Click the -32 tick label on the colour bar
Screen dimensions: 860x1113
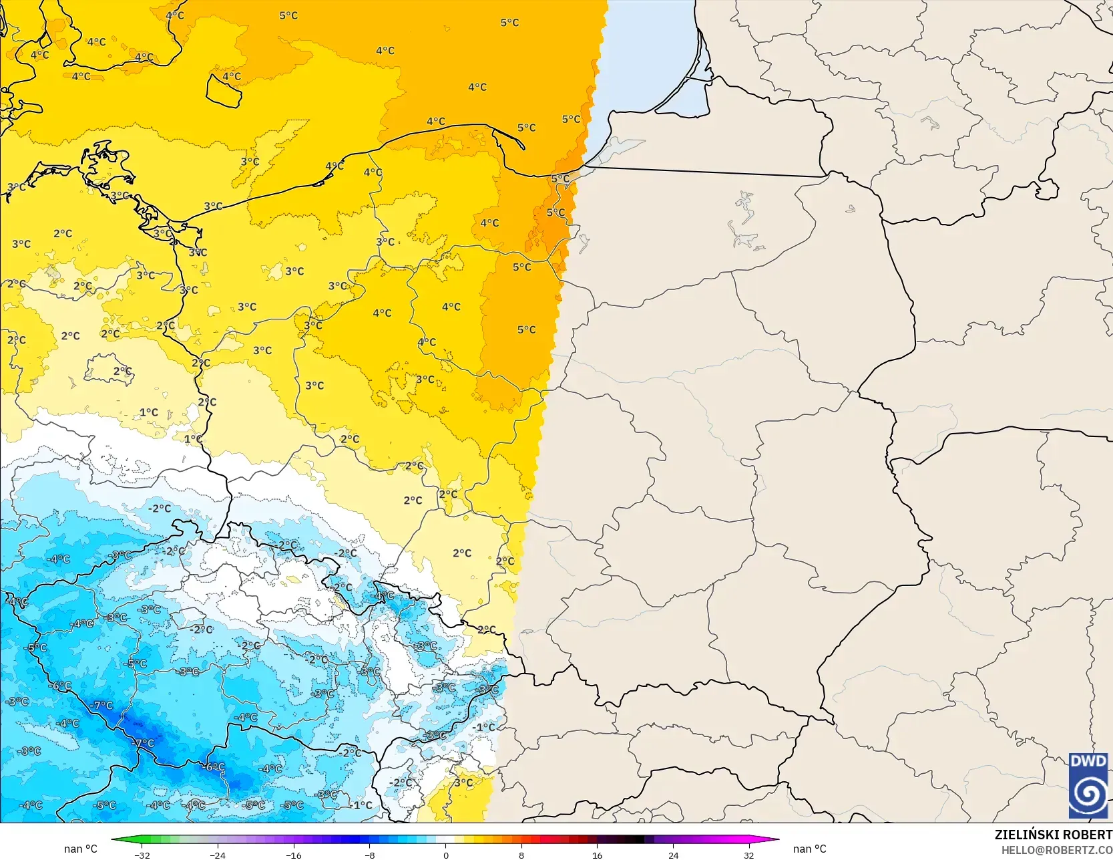coord(142,855)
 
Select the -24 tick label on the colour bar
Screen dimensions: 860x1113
coord(218,855)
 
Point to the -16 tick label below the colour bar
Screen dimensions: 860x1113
coord(294,855)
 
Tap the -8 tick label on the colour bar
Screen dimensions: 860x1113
coord(370,855)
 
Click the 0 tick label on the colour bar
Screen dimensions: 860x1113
coord(446,855)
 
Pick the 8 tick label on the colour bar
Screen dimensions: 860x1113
coord(521,855)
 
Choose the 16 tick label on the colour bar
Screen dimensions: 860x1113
coord(598,855)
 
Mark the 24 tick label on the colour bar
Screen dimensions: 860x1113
coord(673,855)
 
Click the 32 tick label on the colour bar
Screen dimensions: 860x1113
coord(749,855)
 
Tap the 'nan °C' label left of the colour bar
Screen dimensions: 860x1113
coord(81,849)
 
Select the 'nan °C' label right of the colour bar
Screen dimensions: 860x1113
coord(810,849)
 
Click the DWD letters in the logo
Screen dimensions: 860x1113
coord(1088,761)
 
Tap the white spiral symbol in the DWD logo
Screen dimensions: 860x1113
coord(1088,794)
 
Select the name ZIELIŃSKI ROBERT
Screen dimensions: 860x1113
coord(1053,835)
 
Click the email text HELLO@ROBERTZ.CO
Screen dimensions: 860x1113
coord(1056,849)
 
